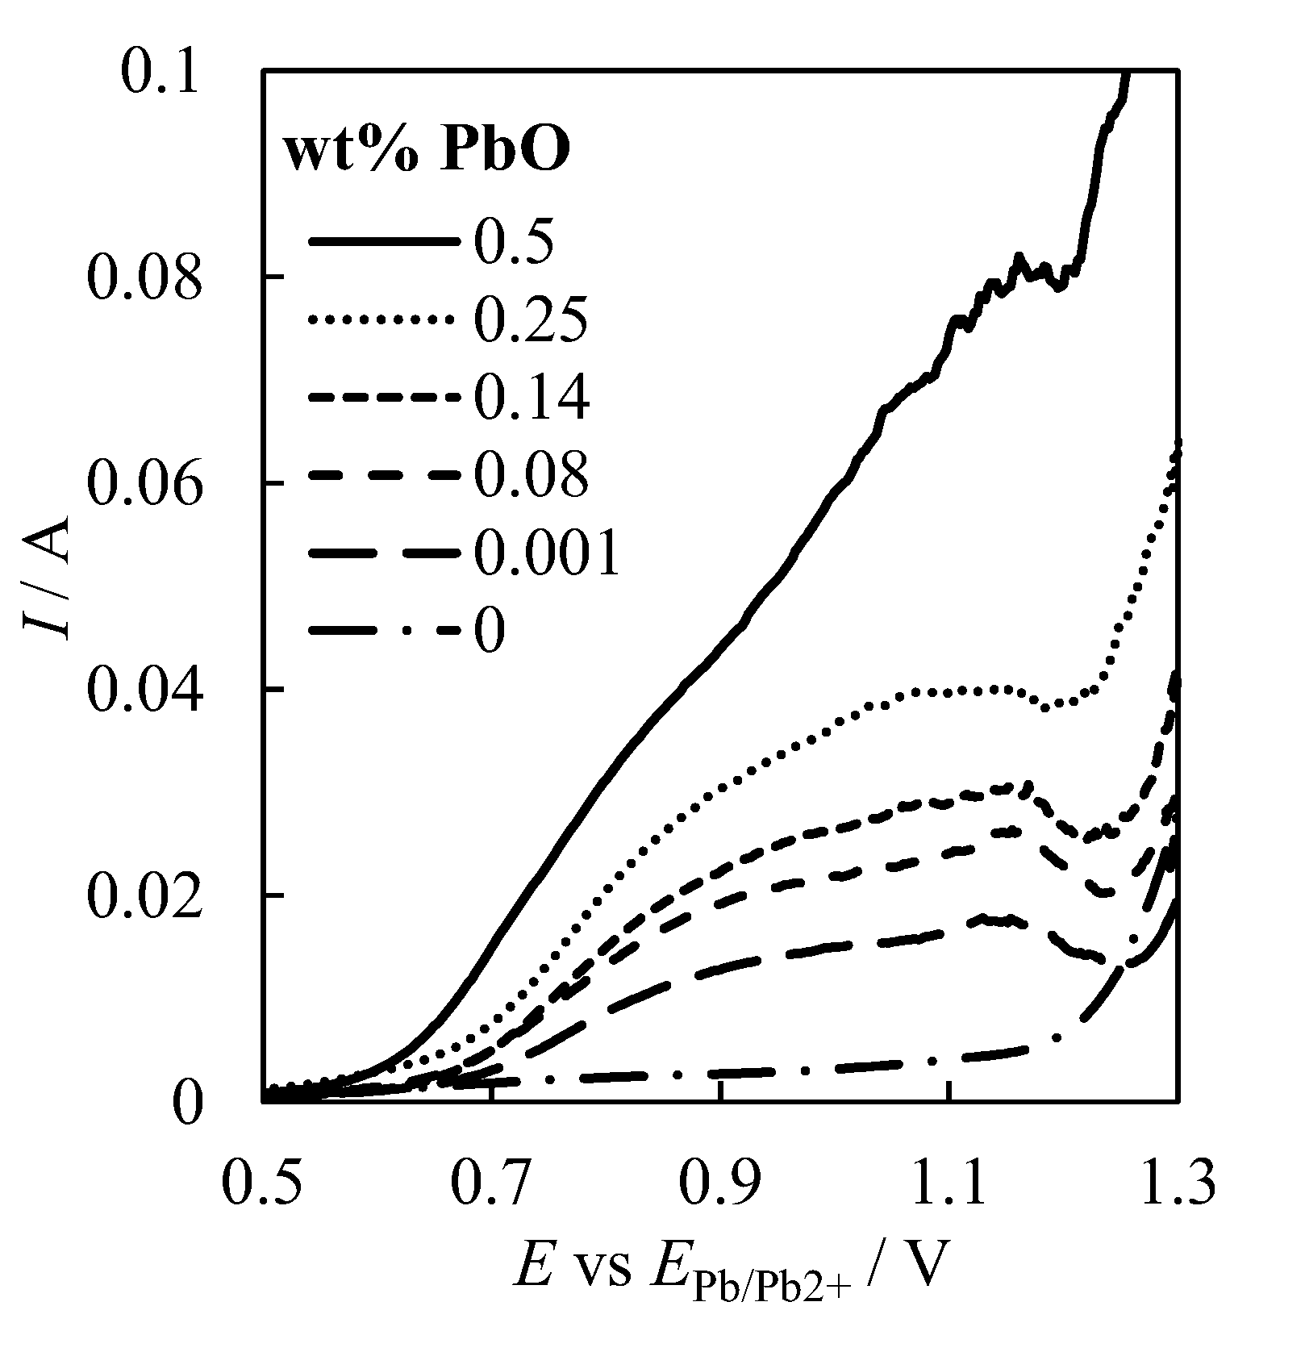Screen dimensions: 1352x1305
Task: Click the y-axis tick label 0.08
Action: pos(142,278)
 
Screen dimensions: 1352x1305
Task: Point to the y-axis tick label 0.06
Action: pos(142,484)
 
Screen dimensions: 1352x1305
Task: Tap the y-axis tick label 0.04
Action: pos(142,691)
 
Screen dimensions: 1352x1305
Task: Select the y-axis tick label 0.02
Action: pos(142,897)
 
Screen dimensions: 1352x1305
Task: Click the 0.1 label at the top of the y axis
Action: pos(158,71)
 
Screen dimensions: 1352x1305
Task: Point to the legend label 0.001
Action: pos(545,553)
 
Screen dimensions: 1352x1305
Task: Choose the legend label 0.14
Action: pos(529,399)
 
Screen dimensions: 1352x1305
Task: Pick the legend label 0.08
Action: pos(529,476)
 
